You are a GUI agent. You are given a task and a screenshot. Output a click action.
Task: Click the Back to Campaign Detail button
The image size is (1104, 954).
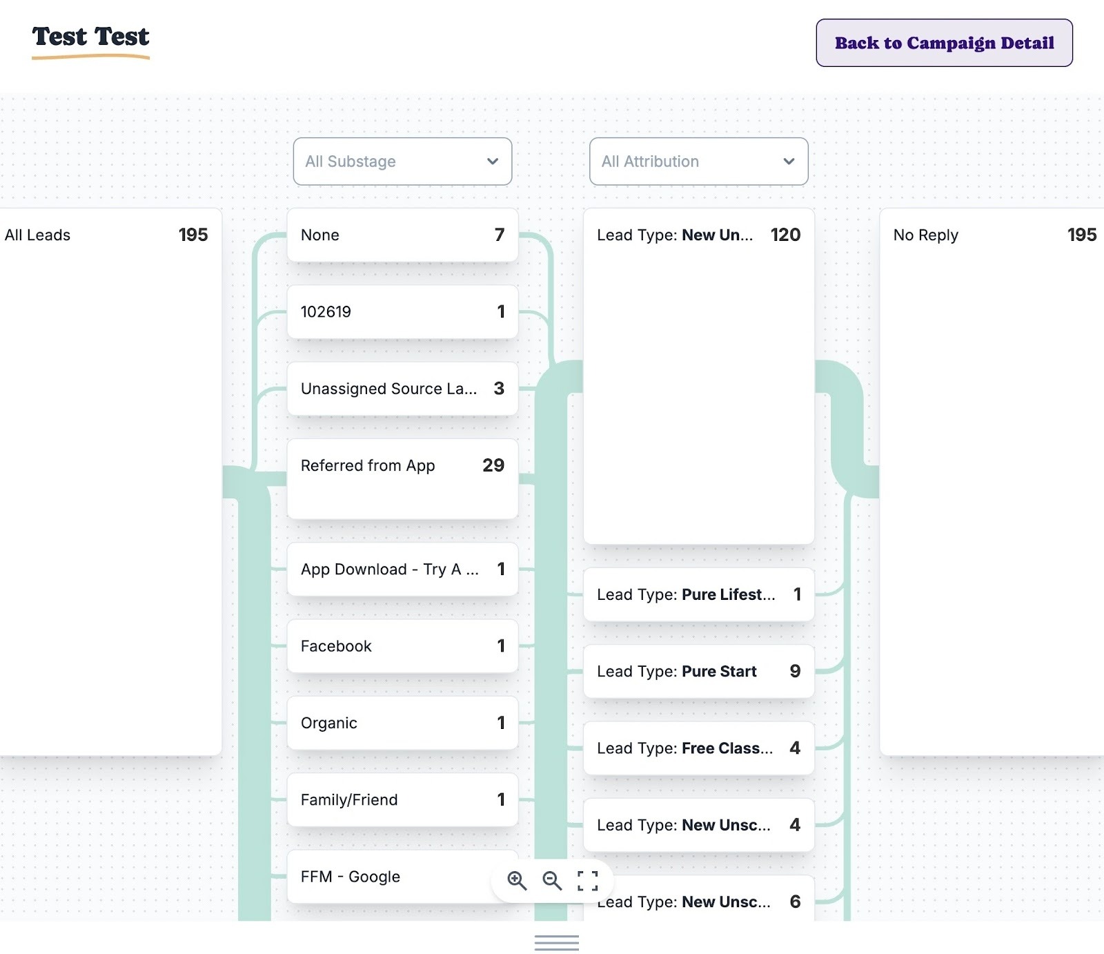[x=944, y=43]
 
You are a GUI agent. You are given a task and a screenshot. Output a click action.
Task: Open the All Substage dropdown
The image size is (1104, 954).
[x=402, y=162]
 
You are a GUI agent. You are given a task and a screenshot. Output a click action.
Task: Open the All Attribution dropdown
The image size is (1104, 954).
[x=698, y=162]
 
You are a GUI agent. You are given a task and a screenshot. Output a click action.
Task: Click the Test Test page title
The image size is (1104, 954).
[x=90, y=37]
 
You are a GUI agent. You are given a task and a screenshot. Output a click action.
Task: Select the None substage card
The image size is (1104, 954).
[x=402, y=235]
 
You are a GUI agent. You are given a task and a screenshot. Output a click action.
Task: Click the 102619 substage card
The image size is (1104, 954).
[x=402, y=312]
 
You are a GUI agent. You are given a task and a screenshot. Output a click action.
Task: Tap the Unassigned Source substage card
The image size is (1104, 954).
[x=402, y=389]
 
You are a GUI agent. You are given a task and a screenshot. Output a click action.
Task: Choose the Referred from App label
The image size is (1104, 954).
[x=368, y=466]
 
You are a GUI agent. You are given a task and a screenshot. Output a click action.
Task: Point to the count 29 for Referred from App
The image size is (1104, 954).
[x=493, y=466]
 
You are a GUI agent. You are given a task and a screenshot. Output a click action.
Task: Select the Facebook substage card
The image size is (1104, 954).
[x=402, y=646]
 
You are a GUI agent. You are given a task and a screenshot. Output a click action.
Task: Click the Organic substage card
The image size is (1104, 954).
[x=402, y=723]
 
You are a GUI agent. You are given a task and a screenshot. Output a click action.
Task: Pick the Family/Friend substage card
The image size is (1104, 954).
[x=402, y=799]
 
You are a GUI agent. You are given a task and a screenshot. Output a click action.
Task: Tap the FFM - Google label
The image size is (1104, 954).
[x=351, y=877]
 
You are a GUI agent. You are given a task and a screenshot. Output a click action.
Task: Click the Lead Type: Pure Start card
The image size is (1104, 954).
[x=698, y=672]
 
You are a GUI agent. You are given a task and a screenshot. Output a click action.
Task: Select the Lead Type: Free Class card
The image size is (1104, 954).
[x=698, y=748]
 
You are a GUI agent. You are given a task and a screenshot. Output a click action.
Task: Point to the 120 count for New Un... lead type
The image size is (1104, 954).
[x=785, y=235]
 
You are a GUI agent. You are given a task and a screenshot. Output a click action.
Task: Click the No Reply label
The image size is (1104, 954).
[x=925, y=235]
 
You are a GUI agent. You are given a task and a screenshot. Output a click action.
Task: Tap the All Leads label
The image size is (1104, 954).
[x=38, y=235]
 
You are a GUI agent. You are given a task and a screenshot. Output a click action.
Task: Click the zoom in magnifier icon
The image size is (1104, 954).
[x=517, y=880]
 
